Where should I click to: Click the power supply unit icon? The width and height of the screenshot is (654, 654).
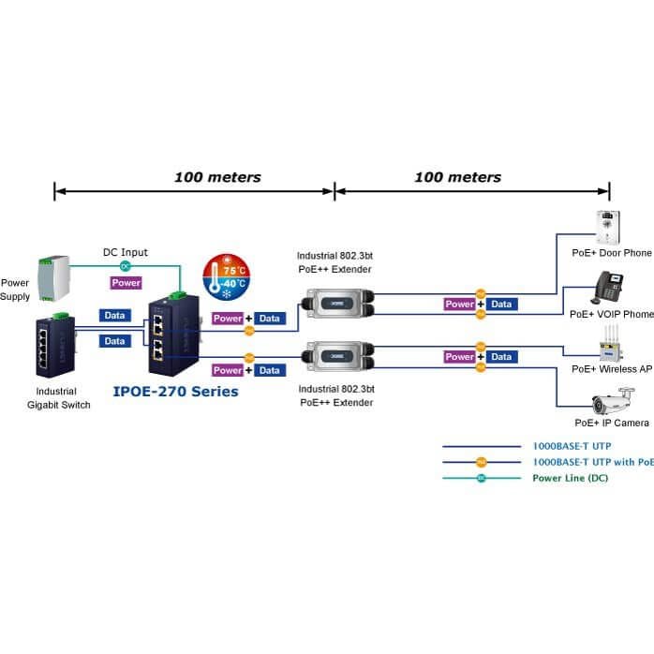[x=53, y=277]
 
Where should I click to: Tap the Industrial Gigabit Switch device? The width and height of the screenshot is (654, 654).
[x=55, y=346]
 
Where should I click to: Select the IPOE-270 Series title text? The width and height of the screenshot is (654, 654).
[x=175, y=392]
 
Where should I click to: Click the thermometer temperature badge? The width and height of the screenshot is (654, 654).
[x=227, y=277]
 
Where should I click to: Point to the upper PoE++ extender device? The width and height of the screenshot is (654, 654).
[x=338, y=304]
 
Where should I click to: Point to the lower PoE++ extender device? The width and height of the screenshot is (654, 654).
[x=338, y=357]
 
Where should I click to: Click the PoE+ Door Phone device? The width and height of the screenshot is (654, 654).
[x=608, y=228]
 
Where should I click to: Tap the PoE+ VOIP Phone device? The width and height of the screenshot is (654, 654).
[x=607, y=288]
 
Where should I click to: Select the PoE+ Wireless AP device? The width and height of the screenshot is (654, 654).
[x=611, y=345]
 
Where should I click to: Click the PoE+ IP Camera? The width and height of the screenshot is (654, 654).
[x=613, y=401]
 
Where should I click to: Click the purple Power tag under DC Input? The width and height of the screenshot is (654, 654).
[x=126, y=283]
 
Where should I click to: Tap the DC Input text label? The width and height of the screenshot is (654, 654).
[x=126, y=252]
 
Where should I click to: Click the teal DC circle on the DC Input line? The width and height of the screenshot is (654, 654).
[x=125, y=266]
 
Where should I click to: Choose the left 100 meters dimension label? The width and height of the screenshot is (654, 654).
[x=217, y=177]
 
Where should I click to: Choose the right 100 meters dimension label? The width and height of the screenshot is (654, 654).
[x=458, y=177]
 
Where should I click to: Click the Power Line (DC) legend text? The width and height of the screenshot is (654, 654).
[x=571, y=478]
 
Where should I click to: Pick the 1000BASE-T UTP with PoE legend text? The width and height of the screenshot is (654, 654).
[x=593, y=462]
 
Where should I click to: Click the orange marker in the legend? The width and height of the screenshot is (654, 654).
[x=482, y=462]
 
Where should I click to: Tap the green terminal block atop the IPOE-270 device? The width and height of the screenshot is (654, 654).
[x=178, y=295]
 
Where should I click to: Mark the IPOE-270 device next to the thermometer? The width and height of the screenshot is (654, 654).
[x=174, y=334]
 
